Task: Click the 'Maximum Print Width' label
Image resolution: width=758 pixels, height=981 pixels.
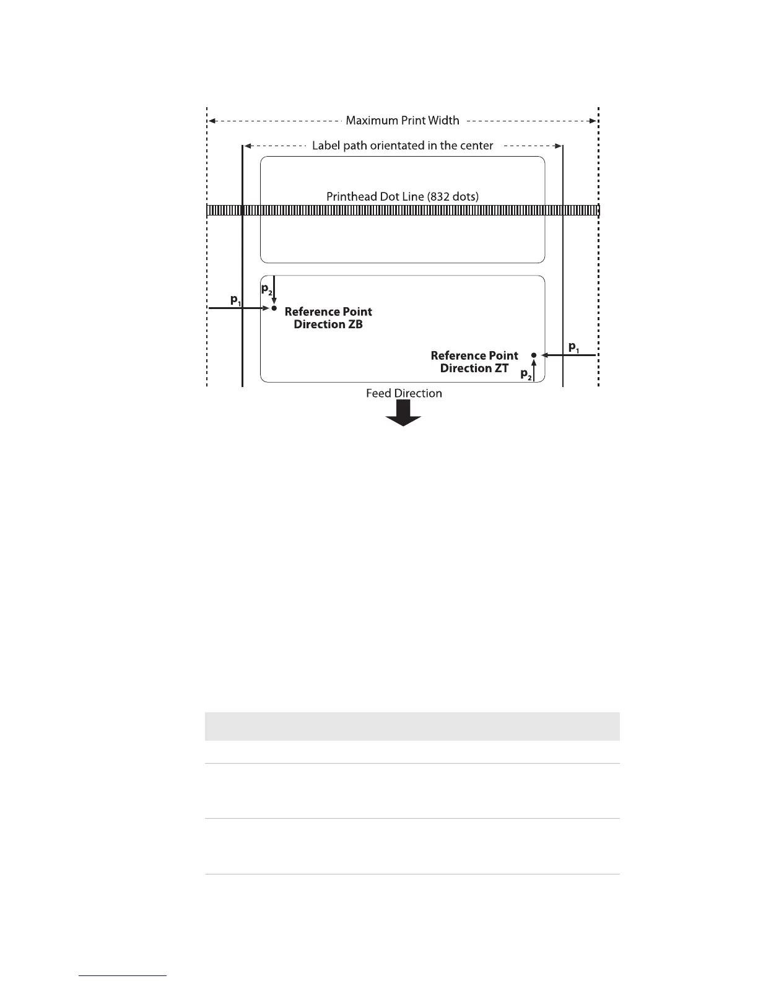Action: point(402,120)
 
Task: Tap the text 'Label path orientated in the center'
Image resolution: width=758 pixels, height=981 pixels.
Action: point(403,146)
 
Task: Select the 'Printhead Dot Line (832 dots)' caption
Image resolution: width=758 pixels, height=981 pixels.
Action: point(403,196)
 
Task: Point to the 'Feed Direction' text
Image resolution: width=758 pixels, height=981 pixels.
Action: point(404,393)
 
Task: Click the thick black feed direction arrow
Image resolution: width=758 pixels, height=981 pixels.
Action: point(404,412)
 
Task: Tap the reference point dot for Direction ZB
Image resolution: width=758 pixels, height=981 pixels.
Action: point(274,308)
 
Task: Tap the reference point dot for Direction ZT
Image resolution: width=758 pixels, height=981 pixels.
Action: point(533,355)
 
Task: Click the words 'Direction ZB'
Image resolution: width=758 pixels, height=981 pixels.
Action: point(328,324)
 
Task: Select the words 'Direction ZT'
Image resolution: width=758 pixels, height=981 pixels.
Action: point(474,368)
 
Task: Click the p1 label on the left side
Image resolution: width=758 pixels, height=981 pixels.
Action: point(235,300)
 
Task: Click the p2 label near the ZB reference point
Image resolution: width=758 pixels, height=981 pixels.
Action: point(266,289)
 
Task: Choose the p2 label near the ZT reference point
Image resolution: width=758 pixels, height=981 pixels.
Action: point(526,374)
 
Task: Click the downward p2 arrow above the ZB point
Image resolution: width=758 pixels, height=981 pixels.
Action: point(274,290)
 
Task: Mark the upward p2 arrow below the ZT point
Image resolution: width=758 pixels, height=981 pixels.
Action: point(533,370)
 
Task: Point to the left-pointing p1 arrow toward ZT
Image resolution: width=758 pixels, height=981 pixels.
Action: point(568,355)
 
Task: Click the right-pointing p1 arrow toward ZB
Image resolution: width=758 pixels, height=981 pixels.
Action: point(239,308)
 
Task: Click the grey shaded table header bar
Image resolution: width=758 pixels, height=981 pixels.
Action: point(412,726)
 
